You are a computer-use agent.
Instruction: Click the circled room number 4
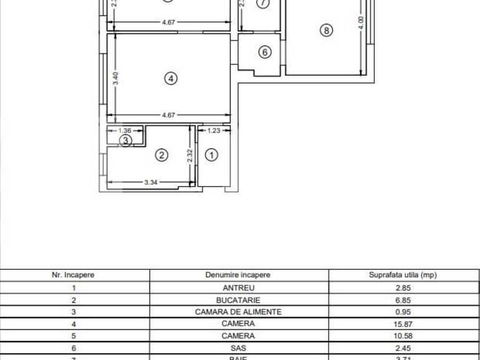[171, 78]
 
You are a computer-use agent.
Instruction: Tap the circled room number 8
[327, 30]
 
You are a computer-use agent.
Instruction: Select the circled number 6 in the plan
[265, 52]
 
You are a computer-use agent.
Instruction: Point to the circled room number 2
[161, 155]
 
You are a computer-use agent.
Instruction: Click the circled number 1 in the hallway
[212, 155]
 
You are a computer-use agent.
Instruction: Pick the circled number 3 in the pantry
[126, 141]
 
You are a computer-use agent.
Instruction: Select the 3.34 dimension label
[150, 182]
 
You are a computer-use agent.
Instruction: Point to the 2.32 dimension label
[190, 155]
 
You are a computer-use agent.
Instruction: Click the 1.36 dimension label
[125, 131]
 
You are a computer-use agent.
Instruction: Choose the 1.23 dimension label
[214, 131]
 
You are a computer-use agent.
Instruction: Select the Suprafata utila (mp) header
[403, 275]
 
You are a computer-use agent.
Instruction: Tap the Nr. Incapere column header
[74, 275]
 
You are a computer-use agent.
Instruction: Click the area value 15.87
[403, 324]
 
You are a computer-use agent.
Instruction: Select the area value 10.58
[403, 336]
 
